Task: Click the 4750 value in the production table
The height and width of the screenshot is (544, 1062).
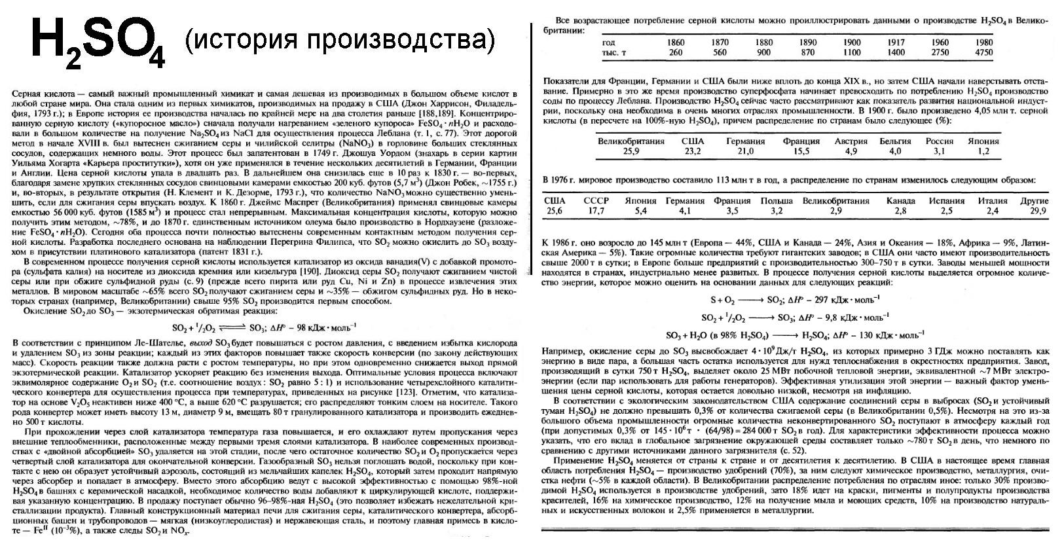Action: click(x=984, y=52)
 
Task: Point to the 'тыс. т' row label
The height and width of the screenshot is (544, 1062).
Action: click(x=613, y=52)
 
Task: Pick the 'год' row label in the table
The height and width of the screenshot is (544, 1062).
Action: click(x=608, y=43)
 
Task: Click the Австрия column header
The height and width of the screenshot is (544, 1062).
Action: click(x=851, y=141)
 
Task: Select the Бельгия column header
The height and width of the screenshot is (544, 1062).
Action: click(x=895, y=141)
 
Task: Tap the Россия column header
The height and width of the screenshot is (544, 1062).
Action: click(x=939, y=141)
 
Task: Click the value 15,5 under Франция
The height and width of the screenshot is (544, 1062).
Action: click(x=801, y=151)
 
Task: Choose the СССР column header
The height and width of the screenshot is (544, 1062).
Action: click(x=596, y=201)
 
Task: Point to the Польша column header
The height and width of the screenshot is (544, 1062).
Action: click(x=777, y=201)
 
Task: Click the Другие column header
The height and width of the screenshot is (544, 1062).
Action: click(x=1034, y=201)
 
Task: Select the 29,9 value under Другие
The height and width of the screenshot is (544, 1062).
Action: click(x=1038, y=211)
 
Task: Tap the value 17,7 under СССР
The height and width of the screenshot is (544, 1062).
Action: click(x=596, y=211)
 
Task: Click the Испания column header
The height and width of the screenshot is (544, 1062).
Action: click(x=946, y=201)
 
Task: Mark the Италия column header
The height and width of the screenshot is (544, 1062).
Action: click(x=993, y=201)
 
